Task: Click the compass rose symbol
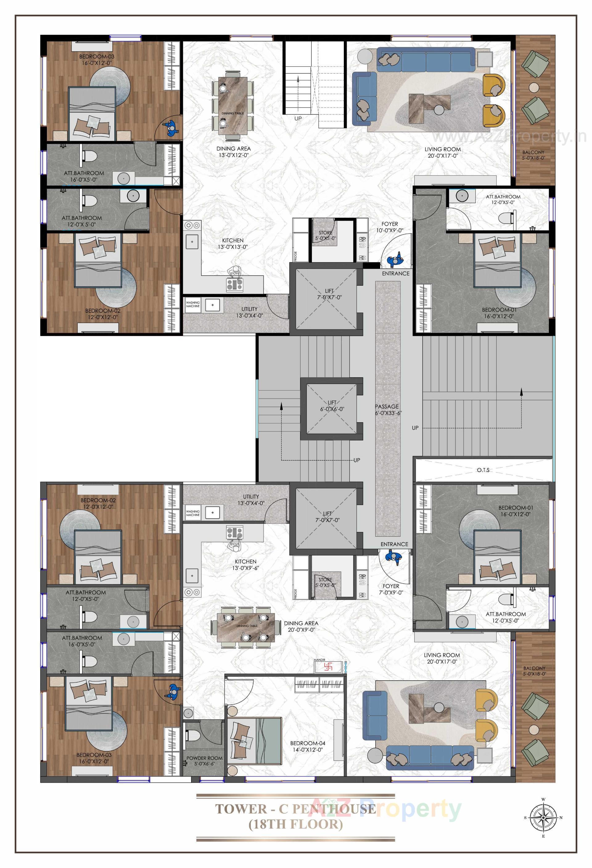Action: click(543, 817)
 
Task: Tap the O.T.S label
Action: click(483, 470)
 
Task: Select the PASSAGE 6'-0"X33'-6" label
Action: click(388, 410)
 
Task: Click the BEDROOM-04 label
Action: click(307, 746)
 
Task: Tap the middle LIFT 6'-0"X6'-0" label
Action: click(332, 406)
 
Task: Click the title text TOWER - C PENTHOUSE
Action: click(295, 809)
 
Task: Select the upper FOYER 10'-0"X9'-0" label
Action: click(389, 227)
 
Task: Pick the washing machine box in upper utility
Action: click(193, 305)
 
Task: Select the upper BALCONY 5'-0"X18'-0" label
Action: click(533, 155)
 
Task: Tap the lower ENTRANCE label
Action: click(394, 544)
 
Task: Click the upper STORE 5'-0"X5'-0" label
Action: click(325, 235)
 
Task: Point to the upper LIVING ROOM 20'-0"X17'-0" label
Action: click(442, 152)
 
